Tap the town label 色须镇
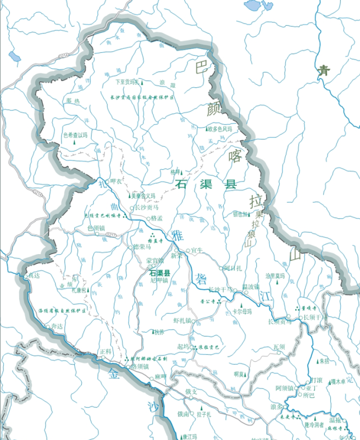coord(96,228)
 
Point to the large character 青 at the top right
coord(325,70)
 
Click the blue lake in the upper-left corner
coord(14,56)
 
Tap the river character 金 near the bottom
coord(114,376)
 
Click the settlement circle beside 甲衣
coord(108,181)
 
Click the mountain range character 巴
coord(202,68)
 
